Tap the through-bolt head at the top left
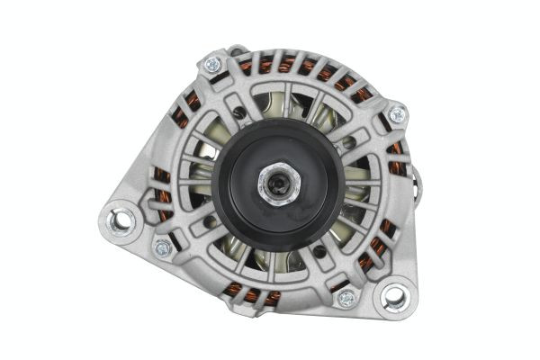click(213, 64)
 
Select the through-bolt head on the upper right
click(397, 114)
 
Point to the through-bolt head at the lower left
click(163, 247)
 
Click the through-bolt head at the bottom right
click(346, 298)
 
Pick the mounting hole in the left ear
click(119, 220)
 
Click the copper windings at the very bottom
click(261, 296)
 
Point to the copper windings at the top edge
click(297, 65)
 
